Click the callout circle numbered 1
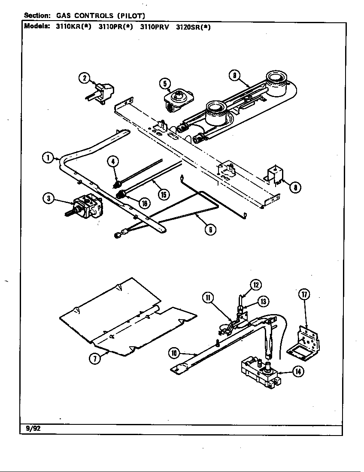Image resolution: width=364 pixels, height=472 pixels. click(x=48, y=157)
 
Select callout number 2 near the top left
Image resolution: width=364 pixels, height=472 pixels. click(x=84, y=78)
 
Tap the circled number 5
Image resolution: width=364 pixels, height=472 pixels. click(x=165, y=83)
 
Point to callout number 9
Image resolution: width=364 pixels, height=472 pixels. click(x=234, y=76)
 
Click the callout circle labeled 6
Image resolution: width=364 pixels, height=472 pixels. click(x=209, y=229)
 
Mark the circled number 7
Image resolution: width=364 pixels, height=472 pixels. click(x=95, y=359)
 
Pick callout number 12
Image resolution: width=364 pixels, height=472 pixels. click(x=256, y=284)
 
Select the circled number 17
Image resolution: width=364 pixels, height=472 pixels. click(x=304, y=294)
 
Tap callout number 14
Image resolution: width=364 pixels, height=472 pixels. click(x=297, y=372)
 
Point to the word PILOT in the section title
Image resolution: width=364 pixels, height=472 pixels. click(x=131, y=16)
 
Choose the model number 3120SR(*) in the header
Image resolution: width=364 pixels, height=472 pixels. click(x=193, y=26)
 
